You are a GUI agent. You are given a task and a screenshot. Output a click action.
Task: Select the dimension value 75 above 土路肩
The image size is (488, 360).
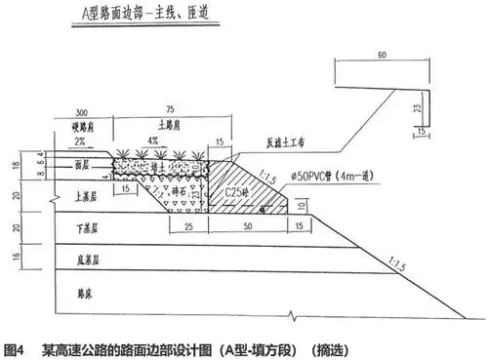point(167,112)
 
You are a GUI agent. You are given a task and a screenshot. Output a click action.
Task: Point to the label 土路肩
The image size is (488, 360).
point(167,127)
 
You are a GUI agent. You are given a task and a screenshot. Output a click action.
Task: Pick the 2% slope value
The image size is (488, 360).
point(81,141)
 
